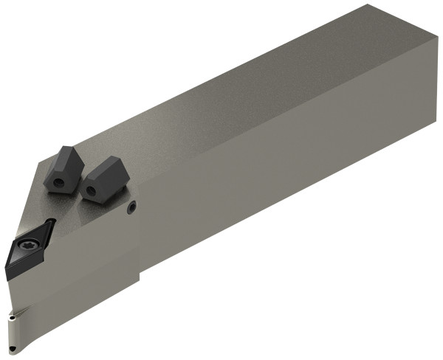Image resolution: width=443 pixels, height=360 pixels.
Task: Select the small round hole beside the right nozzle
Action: tap(131, 209)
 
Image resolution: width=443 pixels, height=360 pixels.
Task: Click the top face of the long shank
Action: tap(244, 103)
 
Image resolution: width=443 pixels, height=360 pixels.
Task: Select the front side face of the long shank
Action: tap(288, 207)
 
